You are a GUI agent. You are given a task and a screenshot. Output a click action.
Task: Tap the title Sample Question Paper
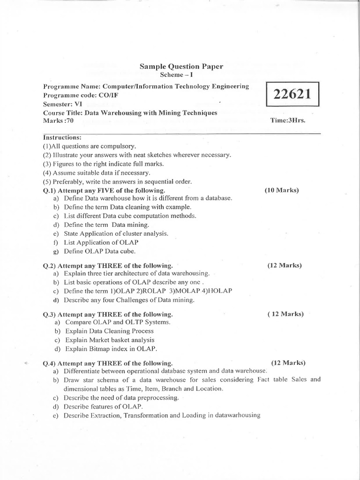(181, 67)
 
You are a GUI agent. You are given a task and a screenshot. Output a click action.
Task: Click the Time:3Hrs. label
(288, 120)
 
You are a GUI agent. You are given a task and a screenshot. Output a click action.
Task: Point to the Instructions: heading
(62, 137)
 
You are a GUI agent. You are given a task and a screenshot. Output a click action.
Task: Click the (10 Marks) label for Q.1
(281, 190)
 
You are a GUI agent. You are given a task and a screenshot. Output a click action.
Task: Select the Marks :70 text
(58, 120)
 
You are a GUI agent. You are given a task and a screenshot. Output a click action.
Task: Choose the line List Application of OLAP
(101, 242)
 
